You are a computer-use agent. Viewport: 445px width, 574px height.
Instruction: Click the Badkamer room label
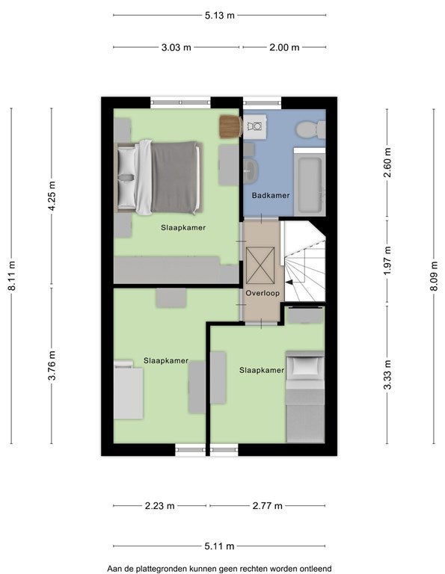(271, 196)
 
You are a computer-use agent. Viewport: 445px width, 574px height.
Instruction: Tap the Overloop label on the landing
(263, 293)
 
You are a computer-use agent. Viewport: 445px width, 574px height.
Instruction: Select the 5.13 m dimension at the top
(219, 16)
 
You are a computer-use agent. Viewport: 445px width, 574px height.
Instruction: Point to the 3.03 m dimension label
(177, 47)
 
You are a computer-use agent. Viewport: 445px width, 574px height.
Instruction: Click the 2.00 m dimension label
(285, 47)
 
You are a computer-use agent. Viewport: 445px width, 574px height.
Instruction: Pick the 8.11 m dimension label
(12, 276)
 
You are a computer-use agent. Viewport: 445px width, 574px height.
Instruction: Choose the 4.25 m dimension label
(52, 196)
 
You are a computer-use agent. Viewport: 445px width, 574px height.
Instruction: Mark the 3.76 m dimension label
(52, 365)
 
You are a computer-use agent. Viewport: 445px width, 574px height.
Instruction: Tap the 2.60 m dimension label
(387, 162)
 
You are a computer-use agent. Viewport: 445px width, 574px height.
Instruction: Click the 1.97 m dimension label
(387, 261)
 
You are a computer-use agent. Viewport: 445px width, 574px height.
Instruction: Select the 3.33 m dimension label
(387, 374)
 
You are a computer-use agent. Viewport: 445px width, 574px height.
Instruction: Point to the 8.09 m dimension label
(434, 276)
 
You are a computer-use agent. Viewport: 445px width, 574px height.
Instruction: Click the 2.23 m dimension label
(160, 506)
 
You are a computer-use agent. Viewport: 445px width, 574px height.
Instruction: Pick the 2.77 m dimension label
(267, 506)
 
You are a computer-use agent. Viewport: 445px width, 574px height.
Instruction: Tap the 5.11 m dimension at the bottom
(219, 546)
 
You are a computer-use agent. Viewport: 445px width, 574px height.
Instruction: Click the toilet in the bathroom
(310, 129)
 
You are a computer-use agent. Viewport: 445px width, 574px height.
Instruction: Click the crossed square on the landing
(260, 265)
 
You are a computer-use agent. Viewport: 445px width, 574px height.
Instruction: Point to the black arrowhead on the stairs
(289, 283)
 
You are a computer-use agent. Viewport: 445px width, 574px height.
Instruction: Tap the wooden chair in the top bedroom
(230, 126)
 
